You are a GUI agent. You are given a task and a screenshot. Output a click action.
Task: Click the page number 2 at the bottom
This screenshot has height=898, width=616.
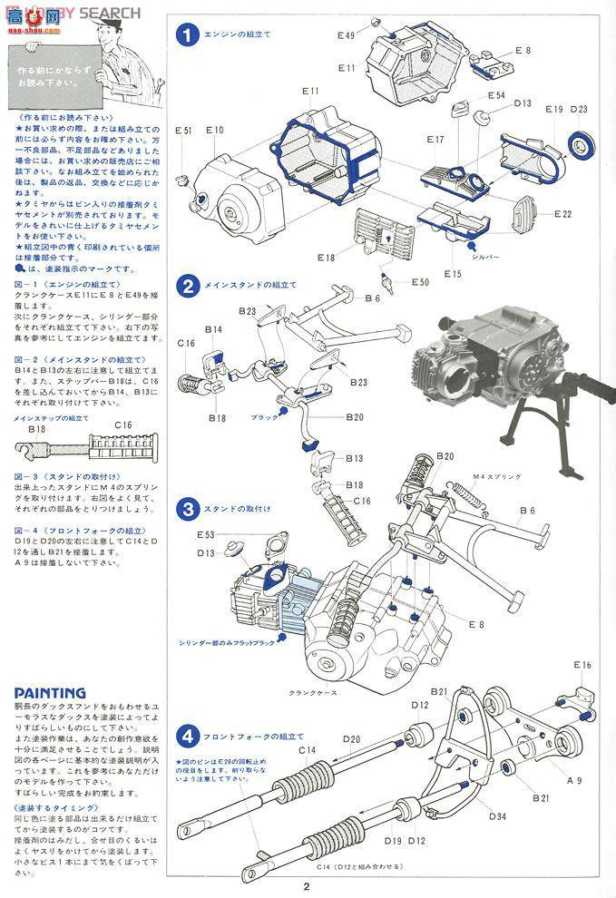coord(308,887)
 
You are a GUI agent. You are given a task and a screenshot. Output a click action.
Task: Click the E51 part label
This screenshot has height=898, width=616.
coord(183,131)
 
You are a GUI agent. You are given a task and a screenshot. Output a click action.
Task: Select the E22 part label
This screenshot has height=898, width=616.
coord(562,214)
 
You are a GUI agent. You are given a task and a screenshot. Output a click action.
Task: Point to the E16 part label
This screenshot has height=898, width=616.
coord(582,665)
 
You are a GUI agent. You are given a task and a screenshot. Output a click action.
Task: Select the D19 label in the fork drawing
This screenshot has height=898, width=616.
coord(392,841)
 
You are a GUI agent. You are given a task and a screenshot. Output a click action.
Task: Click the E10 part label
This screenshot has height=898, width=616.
coord(214,131)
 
